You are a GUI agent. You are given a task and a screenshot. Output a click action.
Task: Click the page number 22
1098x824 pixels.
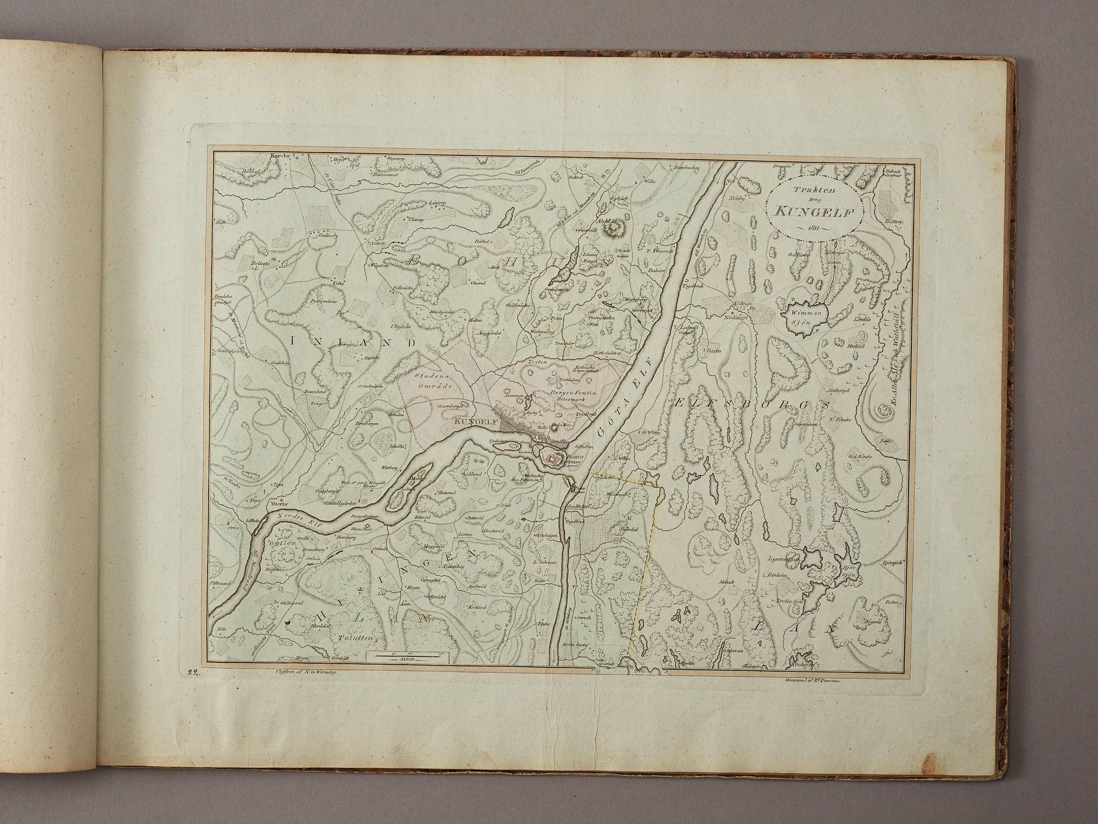coord(192,672)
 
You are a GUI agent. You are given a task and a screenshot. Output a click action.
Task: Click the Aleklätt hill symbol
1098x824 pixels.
coord(610,226)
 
